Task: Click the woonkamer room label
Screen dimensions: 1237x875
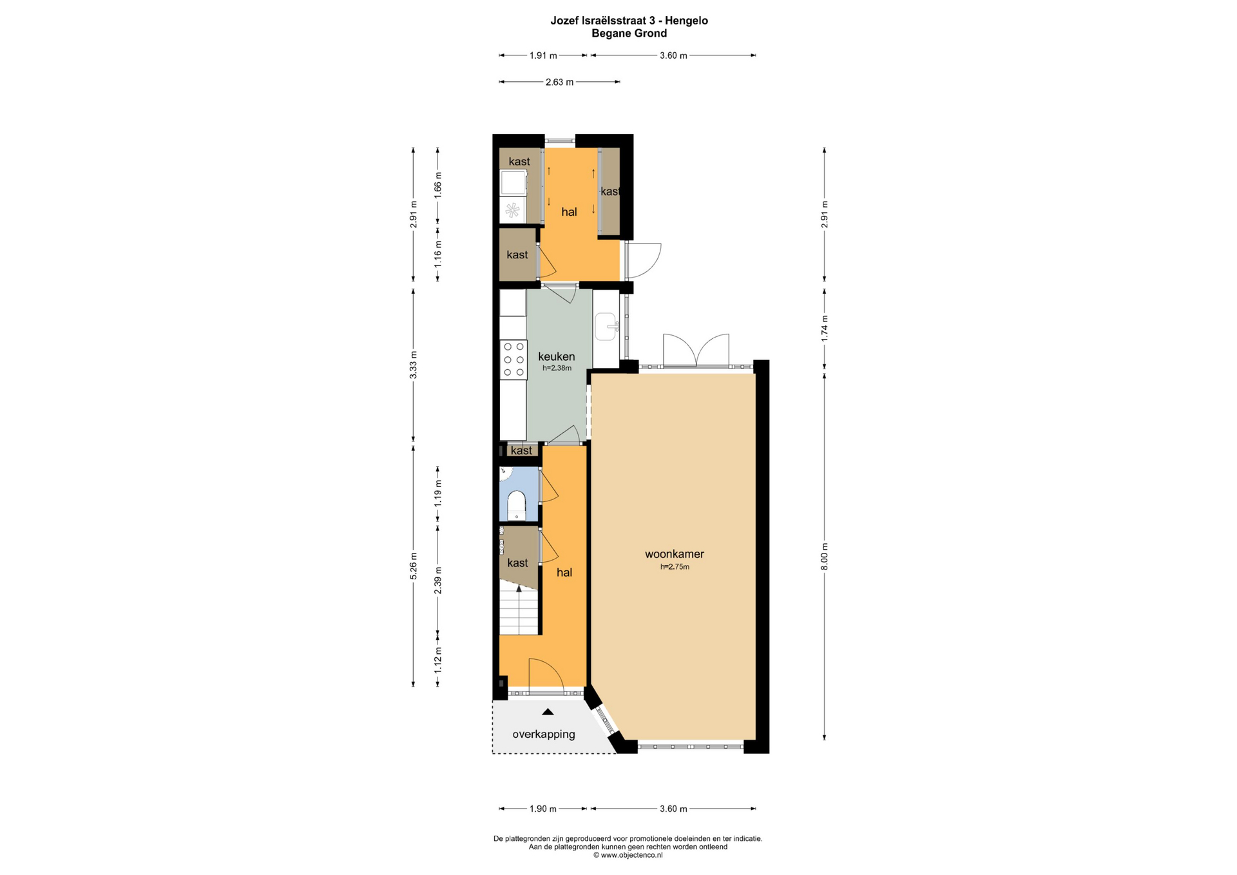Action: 675,554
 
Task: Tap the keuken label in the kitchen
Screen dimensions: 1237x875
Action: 557,356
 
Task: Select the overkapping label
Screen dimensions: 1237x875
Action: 544,734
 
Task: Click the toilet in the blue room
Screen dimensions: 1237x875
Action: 517,505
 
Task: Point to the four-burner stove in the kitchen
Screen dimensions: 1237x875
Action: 513,360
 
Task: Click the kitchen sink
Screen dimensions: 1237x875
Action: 606,327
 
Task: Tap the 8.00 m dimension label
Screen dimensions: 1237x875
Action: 825,557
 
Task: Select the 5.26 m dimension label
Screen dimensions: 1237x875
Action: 414,566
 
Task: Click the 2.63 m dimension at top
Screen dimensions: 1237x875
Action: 559,82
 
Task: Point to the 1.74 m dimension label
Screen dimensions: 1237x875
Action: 825,329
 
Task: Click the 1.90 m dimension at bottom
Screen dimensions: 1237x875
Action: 542,809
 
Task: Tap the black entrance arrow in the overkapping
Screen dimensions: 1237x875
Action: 548,712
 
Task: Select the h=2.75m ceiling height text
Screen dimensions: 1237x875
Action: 675,567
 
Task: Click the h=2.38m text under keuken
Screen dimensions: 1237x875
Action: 557,369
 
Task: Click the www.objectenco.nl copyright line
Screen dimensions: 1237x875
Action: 628,855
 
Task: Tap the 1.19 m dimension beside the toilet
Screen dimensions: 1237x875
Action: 438,494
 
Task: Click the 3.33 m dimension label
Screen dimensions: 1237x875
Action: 414,365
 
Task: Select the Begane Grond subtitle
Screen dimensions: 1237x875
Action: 629,34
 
